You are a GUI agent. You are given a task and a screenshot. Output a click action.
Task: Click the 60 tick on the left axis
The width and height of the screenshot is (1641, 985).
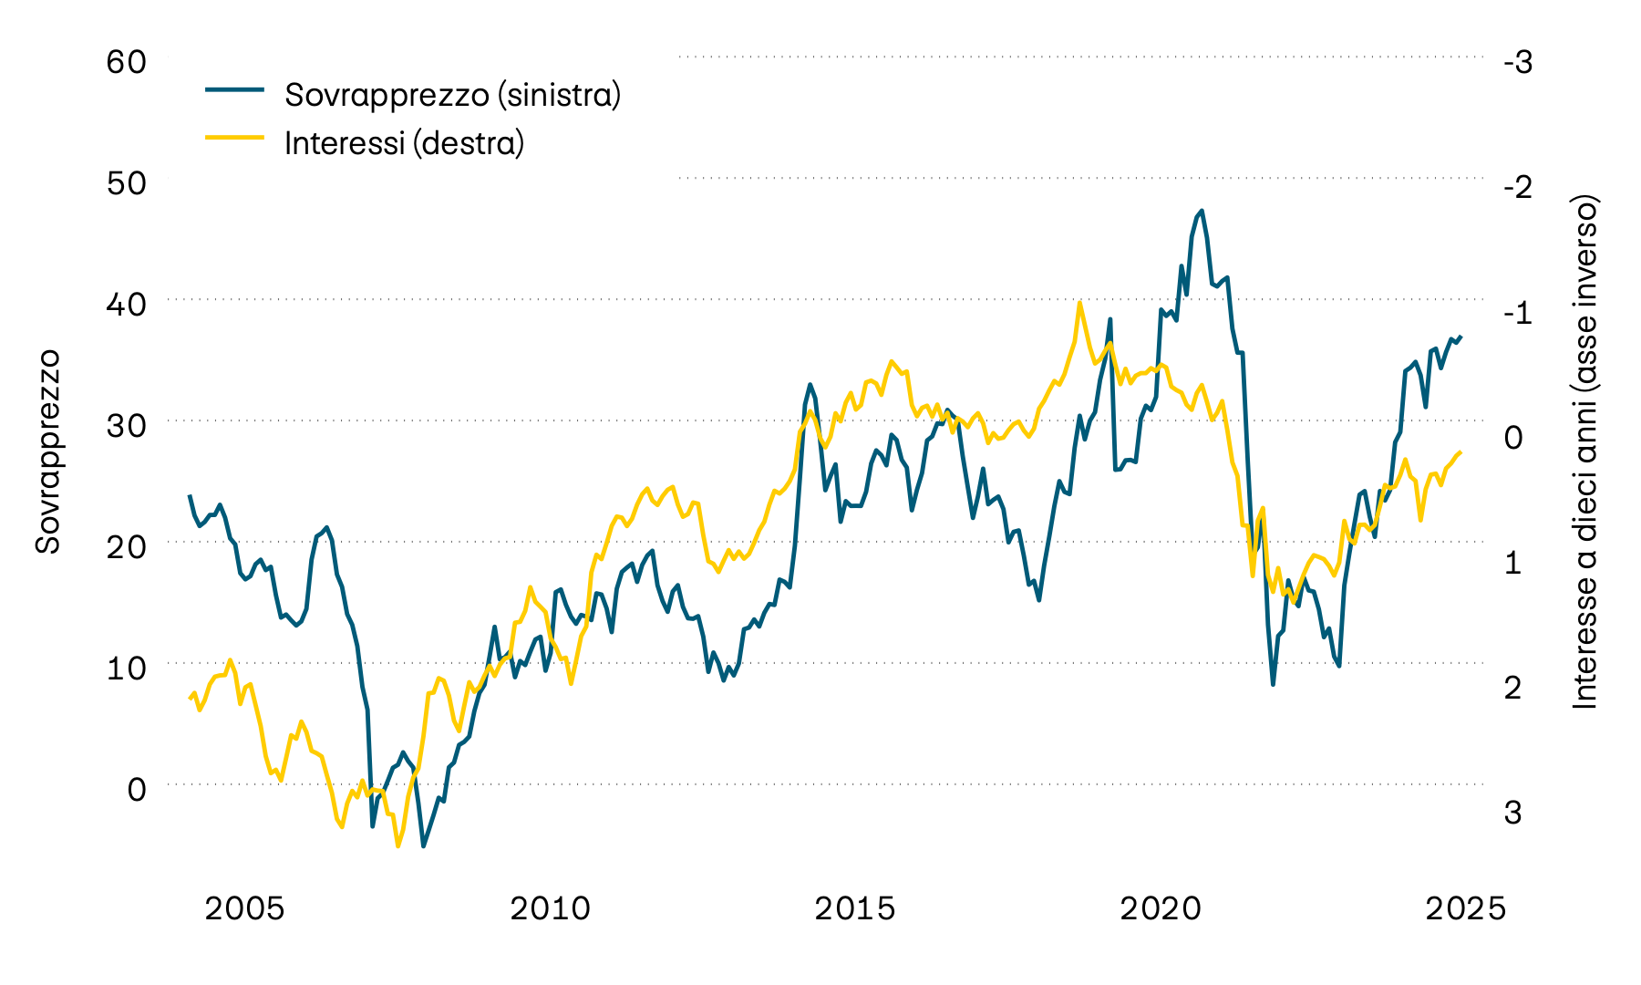[126, 62]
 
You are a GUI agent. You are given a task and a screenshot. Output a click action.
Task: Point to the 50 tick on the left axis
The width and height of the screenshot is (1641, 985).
[126, 183]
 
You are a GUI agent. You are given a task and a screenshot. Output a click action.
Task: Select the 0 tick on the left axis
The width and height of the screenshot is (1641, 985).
[136, 789]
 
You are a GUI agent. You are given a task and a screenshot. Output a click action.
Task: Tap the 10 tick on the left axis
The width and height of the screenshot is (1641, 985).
[126, 668]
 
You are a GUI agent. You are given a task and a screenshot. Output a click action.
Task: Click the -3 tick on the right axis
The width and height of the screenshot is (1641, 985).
[1518, 63]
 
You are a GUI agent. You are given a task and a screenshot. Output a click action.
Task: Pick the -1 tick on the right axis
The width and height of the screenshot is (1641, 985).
[1518, 312]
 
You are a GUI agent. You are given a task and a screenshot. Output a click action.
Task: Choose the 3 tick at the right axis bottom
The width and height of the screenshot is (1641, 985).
[1512, 811]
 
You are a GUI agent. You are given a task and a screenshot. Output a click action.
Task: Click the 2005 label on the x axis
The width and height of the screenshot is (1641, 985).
[244, 908]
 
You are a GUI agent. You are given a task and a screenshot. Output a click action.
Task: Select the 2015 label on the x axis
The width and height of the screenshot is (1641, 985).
[854, 908]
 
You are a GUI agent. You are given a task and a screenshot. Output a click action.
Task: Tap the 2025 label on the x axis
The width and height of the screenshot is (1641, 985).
[1465, 908]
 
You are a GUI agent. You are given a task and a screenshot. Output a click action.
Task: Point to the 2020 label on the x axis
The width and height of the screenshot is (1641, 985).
[1161, 908]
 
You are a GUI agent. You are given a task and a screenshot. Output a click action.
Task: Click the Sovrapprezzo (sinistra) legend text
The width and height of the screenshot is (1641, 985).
[452, 95]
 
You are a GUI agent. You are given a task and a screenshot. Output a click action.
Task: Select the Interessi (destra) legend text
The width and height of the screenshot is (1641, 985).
[404, 143]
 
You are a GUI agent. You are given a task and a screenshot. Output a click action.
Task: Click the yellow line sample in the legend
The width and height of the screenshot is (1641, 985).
[234, 138]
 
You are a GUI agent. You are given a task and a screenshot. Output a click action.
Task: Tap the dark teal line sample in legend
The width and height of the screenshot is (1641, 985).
[234, 89]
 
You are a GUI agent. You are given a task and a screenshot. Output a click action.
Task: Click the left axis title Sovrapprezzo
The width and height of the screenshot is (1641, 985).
[47, 451]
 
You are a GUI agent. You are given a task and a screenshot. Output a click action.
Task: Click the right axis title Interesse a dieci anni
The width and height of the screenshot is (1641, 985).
[1586, 451]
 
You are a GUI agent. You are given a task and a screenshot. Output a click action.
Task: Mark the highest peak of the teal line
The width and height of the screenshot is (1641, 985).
[1202, 211]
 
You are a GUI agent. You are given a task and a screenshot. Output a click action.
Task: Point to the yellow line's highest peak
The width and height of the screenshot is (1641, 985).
[1079, 303]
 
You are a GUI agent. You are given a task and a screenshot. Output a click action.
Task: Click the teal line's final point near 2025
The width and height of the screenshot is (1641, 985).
[1460, 337]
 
